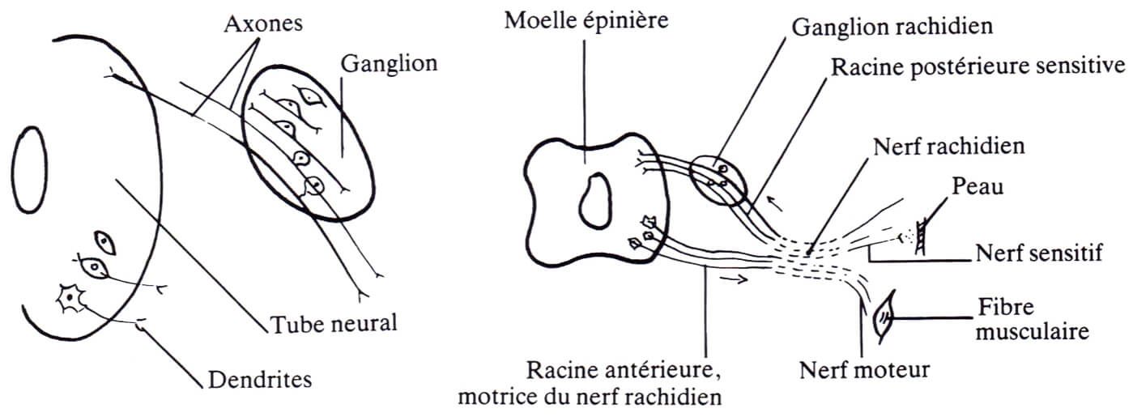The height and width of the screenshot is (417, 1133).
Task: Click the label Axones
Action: (x=263, y=23)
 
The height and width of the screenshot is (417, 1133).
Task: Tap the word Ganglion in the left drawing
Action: (x=389, y=65)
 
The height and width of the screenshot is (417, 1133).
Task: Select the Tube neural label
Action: (x=334, y=324)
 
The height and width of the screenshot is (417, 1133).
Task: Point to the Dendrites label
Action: (x=259, y=380)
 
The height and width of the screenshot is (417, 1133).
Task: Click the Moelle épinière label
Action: (x=586, y=21)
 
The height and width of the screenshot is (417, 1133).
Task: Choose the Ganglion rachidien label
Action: (x=892, y=27)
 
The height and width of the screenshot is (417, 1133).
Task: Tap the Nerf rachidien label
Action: (x=949, y=147)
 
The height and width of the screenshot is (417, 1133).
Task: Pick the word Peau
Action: (x=978, y=186)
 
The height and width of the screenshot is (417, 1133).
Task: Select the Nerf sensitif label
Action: (x=1039, y=253)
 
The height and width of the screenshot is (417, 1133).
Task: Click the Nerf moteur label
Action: (x=864, y=369)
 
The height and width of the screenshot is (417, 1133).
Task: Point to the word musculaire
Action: (x=1033, y=332)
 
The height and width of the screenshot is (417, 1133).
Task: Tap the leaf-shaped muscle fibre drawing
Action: (x=884, y=317)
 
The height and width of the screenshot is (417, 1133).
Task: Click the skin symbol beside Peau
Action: (x=922, y=236)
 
